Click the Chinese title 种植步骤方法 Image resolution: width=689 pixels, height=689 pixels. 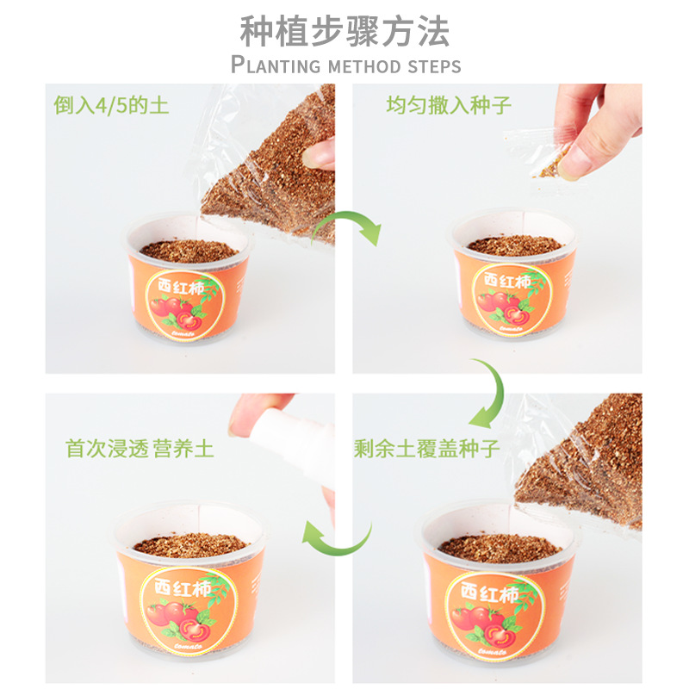point(344,32)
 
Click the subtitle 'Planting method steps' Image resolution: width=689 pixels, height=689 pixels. point(345,65)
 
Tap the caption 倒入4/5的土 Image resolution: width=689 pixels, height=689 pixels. point(112,106)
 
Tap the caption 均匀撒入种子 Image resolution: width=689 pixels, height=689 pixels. point(449,106)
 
